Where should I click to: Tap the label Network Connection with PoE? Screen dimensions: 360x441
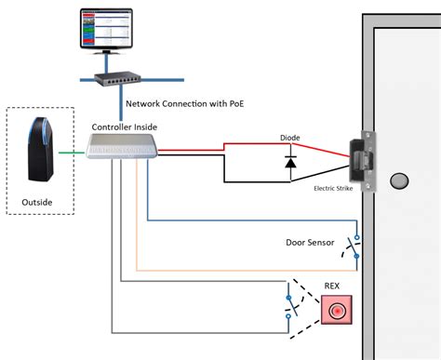point(192,104)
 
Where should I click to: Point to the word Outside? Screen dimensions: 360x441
point(38,200)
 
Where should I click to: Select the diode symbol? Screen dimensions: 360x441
point(289,164)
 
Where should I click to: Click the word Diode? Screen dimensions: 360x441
point(290,136)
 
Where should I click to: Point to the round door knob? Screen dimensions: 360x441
point(399,179)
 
